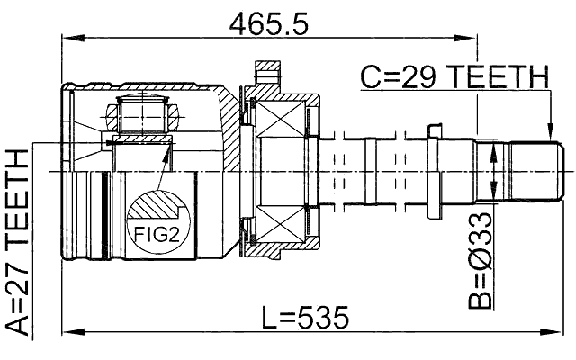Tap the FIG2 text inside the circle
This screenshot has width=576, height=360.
[x=156, y=235]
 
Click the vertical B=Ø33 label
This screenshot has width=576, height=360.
[x=484, y=261]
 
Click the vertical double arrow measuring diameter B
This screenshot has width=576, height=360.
[x=492, y=173]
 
